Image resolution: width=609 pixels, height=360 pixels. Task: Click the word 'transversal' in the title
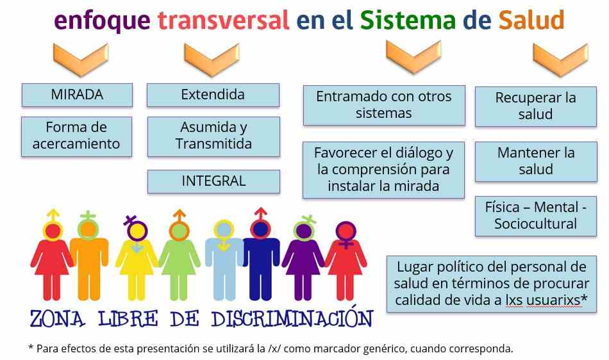point(223,20)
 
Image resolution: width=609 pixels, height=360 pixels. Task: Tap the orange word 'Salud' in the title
point(531,20)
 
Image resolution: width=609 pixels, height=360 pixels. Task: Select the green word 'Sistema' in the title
point(408,20)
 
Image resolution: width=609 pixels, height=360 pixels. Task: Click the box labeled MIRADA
point(77,95)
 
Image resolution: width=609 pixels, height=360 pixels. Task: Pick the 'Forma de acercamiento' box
point(76,136)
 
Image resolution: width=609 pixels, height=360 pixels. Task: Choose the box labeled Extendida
point(213,95)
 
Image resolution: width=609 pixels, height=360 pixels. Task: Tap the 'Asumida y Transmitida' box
point(213,136)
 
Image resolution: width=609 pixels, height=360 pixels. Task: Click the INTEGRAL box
point(213,181)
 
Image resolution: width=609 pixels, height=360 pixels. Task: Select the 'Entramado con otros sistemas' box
point(384,105)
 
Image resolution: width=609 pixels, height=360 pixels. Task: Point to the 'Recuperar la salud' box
point(535,106)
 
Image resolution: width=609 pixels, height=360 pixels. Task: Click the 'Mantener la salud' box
point(536,161)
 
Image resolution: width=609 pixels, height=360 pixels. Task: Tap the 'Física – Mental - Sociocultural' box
point(535,216)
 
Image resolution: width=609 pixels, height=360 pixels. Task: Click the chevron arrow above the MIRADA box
point(81,59)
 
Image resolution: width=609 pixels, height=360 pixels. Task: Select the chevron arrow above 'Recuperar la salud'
point(561,59)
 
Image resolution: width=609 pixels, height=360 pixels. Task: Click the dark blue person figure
point(261,256)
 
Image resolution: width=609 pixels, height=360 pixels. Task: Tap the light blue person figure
point(223,261)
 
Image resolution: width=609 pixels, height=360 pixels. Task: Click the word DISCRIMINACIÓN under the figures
point(292,318)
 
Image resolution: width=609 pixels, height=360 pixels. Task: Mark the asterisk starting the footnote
point(31,347)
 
